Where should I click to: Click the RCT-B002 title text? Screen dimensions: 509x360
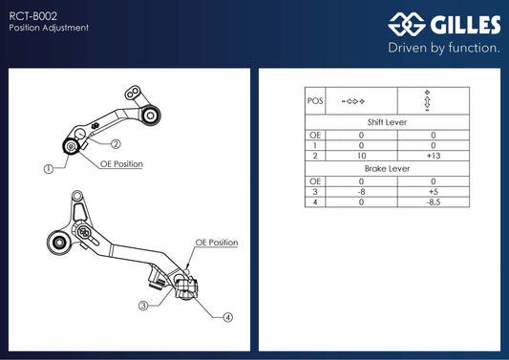[x=32, y=16]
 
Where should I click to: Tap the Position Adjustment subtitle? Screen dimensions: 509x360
[x=49, y=28]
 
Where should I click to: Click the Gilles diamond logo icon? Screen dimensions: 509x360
[x=407, y=24]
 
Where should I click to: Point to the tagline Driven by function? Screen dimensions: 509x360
[x=444, y=48]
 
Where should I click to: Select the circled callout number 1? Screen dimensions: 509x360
[x=49, y=169]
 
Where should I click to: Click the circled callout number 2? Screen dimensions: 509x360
[x=116, y=144]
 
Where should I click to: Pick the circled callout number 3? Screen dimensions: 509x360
[x=143, y=306]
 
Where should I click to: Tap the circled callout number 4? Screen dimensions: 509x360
[x=228, y=317]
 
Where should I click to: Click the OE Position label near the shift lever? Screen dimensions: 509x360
[x=121, y=164]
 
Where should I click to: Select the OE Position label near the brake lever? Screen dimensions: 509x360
[x=217, y=243]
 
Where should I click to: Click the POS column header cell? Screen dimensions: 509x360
[x=315, y=101]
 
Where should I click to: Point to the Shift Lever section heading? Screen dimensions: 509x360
[x=387, y=122]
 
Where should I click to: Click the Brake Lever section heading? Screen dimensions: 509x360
[x=387, y=169]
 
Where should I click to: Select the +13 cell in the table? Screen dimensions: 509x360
[x=434, y=156]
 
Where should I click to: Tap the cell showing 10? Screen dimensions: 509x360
[x=361, y=156]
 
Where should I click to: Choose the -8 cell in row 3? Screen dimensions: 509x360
[x=361, y=192]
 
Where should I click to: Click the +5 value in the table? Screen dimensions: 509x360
[x=434, y=192]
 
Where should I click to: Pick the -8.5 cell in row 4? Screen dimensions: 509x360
[x=434, y=202]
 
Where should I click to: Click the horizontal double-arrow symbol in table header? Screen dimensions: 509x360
[x=353, y=101]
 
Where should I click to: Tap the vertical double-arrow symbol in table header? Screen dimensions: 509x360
[x=427, y=101]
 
